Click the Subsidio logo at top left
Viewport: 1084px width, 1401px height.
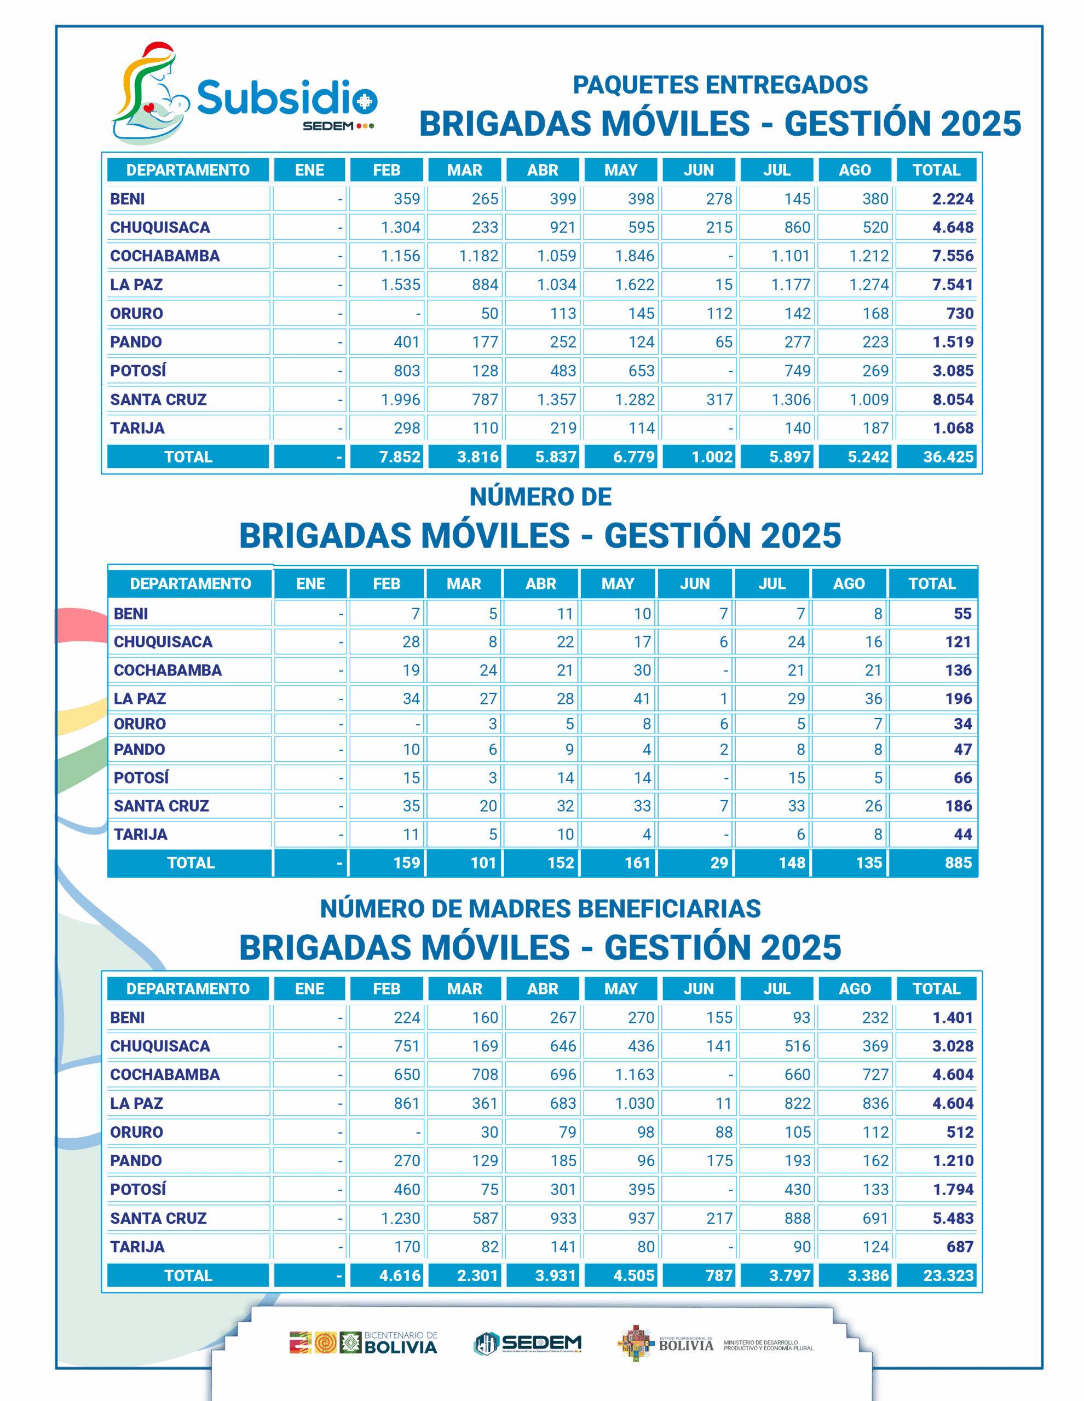pyautogui.click(x=244, y=94)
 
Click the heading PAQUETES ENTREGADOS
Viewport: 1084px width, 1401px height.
pyautogui.click(x=719, y=85)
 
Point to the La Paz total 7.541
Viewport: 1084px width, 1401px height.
pyautogui.click(x=953, y=285)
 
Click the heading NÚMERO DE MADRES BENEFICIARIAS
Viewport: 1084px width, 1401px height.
pyautogui.click(x=540, y=908)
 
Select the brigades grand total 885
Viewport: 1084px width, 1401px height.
pyautogui.click(x=958, y=863)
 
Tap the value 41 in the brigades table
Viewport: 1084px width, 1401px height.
pyautogui.click(x=641, y=698)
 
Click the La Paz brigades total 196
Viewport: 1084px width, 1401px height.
pyautogui.click(x=958, y=698)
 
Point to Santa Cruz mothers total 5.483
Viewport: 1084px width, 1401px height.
pyautogui.click(x=953, y=1218)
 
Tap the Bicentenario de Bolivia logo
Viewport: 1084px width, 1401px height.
pyautogui.click(x=364, y=1342)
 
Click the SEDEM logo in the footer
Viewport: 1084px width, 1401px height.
pyautogui.click(x=528, y=1342)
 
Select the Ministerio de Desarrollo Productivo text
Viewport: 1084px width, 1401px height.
pyautogui.click(x=768, y=1345)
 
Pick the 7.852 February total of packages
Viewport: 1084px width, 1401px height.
pyautogui.click(x=399, y=457)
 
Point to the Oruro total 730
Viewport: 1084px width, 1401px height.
pyautogui.click(x=960, y=314)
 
